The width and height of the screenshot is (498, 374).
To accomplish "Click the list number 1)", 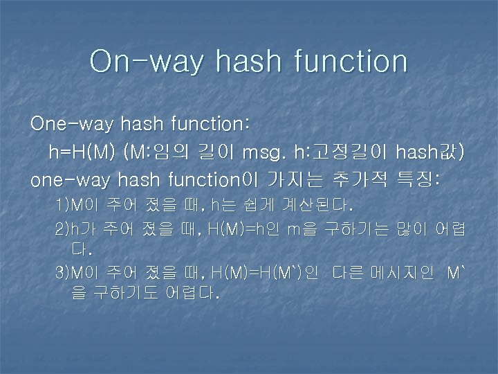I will (x=63, y=206).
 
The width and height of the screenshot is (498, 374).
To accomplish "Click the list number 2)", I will (x=63, y=229).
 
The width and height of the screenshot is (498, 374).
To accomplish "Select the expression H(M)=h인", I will (x=245, y=229).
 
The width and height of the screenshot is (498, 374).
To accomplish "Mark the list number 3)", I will (x=63, y=273).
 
